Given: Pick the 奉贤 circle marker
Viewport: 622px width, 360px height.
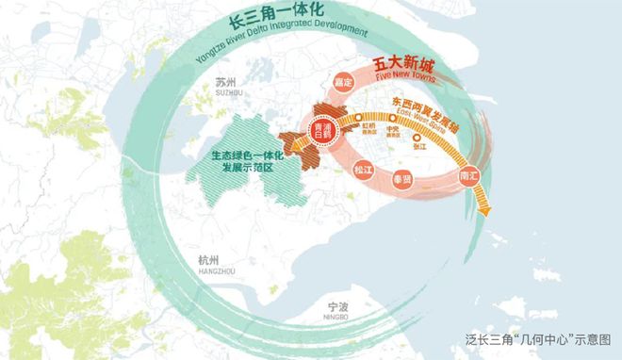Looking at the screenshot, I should (402, 177).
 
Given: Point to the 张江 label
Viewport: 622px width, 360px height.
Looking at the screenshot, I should (418, 149).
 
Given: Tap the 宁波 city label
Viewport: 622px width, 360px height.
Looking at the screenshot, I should (337, 306).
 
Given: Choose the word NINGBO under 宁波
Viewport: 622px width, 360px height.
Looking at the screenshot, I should (336, 318).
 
